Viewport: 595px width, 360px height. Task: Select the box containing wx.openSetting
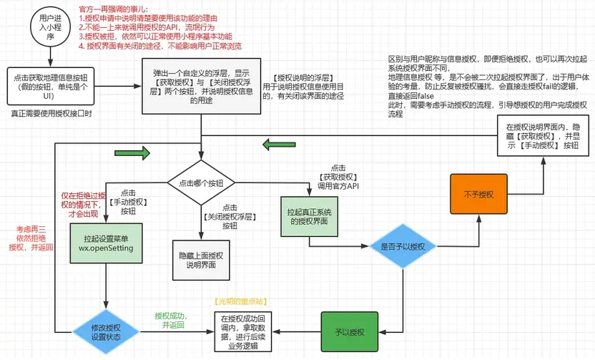point(106,243)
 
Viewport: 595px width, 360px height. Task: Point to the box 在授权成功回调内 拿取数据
point(242,332)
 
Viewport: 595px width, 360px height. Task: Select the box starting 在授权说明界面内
point(541,136)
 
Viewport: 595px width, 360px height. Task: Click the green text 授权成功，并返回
point(169,320)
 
